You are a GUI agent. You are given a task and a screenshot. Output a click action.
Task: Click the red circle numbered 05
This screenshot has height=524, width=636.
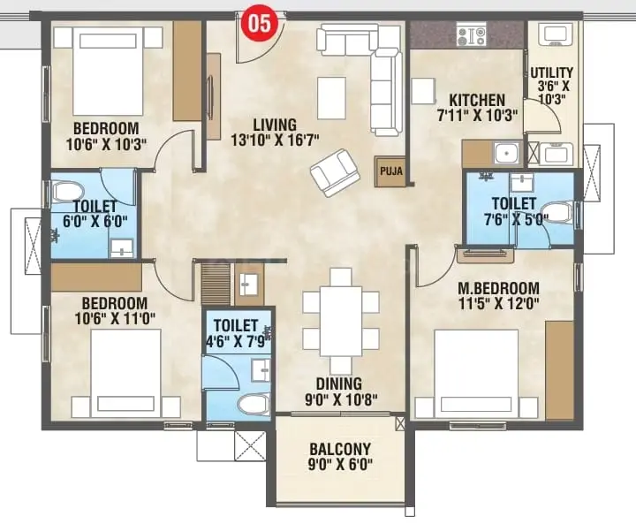(260, 24)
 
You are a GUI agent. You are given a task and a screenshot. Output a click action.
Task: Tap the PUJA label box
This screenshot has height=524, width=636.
(390, 171)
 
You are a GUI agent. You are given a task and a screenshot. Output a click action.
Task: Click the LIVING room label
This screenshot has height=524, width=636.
(275, 124)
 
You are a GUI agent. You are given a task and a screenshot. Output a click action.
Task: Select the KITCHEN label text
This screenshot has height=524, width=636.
(477, 100)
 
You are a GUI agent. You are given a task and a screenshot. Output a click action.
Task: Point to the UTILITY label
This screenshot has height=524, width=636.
(551, 72)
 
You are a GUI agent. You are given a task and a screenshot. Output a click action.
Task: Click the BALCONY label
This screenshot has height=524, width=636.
(340, 449)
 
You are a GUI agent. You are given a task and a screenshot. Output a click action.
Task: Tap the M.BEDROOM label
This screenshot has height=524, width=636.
(498, 288)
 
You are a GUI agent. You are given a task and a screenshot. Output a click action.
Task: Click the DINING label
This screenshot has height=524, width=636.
(339, 384)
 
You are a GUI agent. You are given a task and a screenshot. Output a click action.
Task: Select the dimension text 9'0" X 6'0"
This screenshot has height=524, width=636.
(340, 464)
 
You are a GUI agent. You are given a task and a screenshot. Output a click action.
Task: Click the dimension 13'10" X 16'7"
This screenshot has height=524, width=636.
(275, 140)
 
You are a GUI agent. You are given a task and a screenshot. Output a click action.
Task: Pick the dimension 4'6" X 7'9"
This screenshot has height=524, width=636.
(236, 341)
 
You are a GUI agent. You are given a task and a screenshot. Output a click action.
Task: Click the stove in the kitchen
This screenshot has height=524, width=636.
(471, 34)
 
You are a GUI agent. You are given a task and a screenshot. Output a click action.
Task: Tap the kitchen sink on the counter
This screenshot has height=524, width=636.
(507, 153)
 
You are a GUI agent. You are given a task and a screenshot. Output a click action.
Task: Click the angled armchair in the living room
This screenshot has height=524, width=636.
(335, 172)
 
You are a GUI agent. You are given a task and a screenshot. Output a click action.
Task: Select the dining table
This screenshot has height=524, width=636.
(341, 321)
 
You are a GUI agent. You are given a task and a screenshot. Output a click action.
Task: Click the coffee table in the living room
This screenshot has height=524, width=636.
(332, 98)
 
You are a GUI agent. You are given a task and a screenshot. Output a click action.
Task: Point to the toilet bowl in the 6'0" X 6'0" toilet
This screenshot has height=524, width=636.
(67, 191)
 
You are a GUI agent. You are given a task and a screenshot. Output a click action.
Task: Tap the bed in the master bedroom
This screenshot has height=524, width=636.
(476, 374)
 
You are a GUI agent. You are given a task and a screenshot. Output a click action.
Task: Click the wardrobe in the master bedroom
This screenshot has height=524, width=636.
(559, 370)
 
